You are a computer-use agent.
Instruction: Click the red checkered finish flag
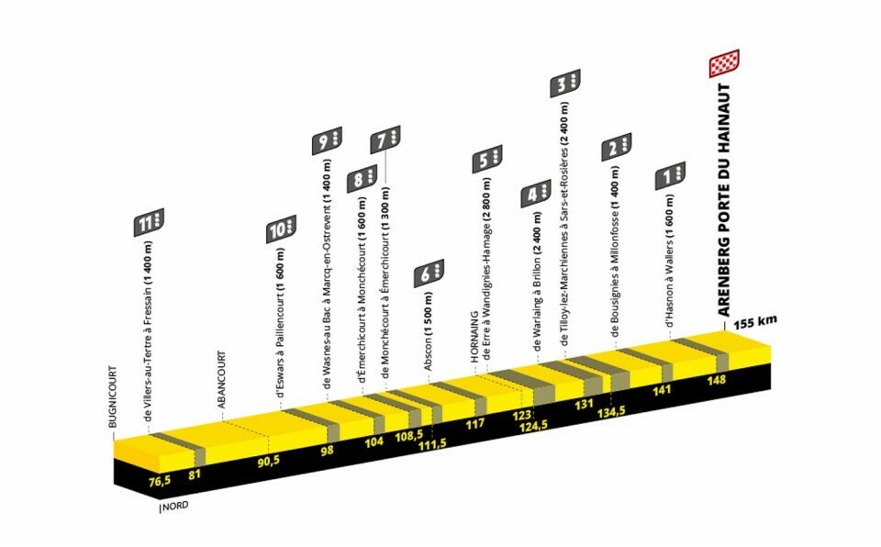(x=723, y=64)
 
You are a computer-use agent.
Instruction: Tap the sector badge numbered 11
(x=149, y=222)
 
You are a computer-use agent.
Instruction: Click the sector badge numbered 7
(x=385, y=140)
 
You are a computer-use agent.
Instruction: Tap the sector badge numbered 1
(x=671, y=174)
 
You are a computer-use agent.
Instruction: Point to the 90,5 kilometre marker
(x=268, y=460)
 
